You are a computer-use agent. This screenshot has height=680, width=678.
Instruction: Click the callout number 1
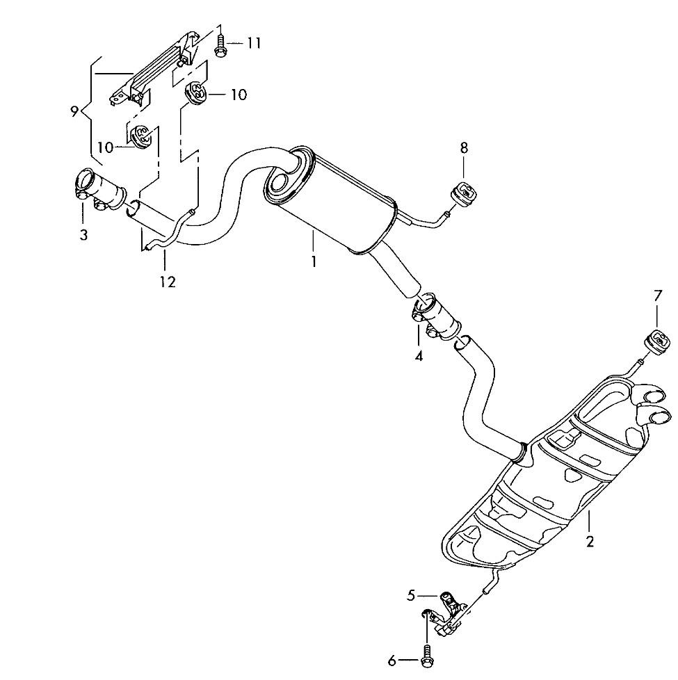314,262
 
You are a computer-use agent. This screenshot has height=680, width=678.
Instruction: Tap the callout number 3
83,235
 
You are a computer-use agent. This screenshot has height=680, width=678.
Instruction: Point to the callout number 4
419,356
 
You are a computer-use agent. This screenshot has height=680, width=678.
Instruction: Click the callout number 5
411,595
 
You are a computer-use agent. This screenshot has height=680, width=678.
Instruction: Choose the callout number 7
658,296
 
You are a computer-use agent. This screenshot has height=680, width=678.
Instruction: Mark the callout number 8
464,147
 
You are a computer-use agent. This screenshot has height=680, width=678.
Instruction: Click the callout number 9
74,111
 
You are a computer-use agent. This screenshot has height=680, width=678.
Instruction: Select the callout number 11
253,43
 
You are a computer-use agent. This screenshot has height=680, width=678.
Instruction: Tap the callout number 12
167,281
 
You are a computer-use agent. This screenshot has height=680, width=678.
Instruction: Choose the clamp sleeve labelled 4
435,316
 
